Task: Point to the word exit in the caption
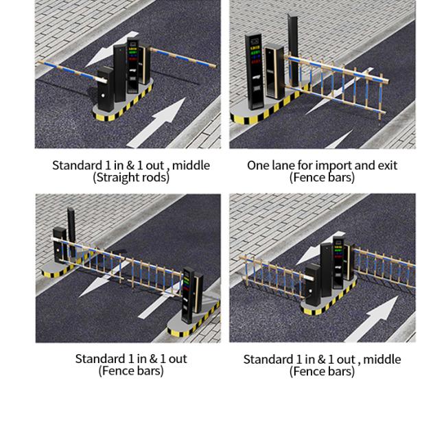point(388,165)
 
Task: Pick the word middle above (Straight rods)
point(191,165)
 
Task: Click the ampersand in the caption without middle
point(153,359)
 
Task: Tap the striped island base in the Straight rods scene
point(123,102)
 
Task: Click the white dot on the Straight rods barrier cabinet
point(103,96)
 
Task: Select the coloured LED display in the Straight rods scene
point(133,54)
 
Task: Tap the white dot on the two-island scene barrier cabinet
point(58,250)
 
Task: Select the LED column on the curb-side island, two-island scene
point(188,295)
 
